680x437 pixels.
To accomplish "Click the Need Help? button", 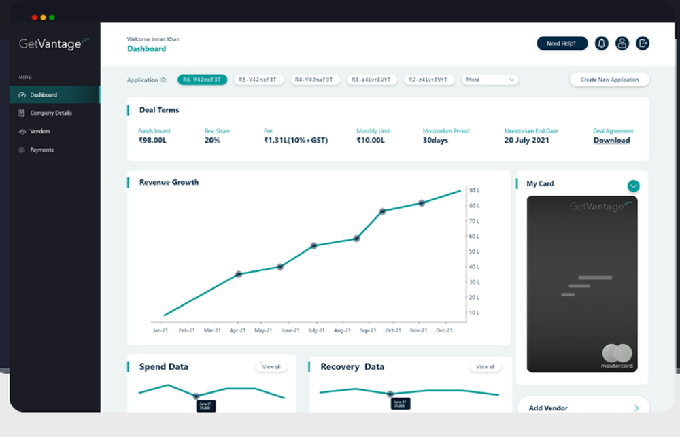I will point(562,43).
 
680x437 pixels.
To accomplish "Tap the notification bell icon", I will point(601,43).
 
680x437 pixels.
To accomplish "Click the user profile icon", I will point(622,43).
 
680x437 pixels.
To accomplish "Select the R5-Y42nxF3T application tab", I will point(259,80).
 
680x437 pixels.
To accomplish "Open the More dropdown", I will point(490,80).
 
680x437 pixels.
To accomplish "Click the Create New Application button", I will point(609,80).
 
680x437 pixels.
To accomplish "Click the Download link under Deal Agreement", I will point(611,141).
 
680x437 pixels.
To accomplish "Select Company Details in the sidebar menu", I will point(51,113).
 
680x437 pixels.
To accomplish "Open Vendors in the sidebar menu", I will point(40,131).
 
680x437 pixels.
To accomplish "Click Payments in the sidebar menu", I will point(42,150).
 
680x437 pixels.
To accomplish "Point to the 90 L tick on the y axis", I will point(474,190).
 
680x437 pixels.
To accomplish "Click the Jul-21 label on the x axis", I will point(316,330).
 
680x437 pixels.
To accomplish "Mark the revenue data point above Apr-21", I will point(239,274).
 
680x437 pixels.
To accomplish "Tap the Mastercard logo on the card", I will point(617,354).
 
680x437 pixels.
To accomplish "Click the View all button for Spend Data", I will point(271,367).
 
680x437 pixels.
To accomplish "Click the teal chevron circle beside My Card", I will point(634,186).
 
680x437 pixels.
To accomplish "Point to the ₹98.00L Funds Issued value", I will point(152,141).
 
